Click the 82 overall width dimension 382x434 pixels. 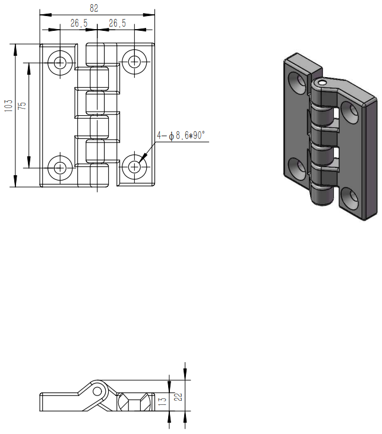point(94,8)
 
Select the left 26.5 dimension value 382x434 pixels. point(79,23)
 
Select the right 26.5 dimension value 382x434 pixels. point(117,23)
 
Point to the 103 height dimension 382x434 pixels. point(8,106)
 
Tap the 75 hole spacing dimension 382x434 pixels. point(22,106)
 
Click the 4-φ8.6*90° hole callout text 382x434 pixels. point(181,135)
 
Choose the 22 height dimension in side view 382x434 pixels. point(179,397)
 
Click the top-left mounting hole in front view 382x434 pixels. point(60,62)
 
